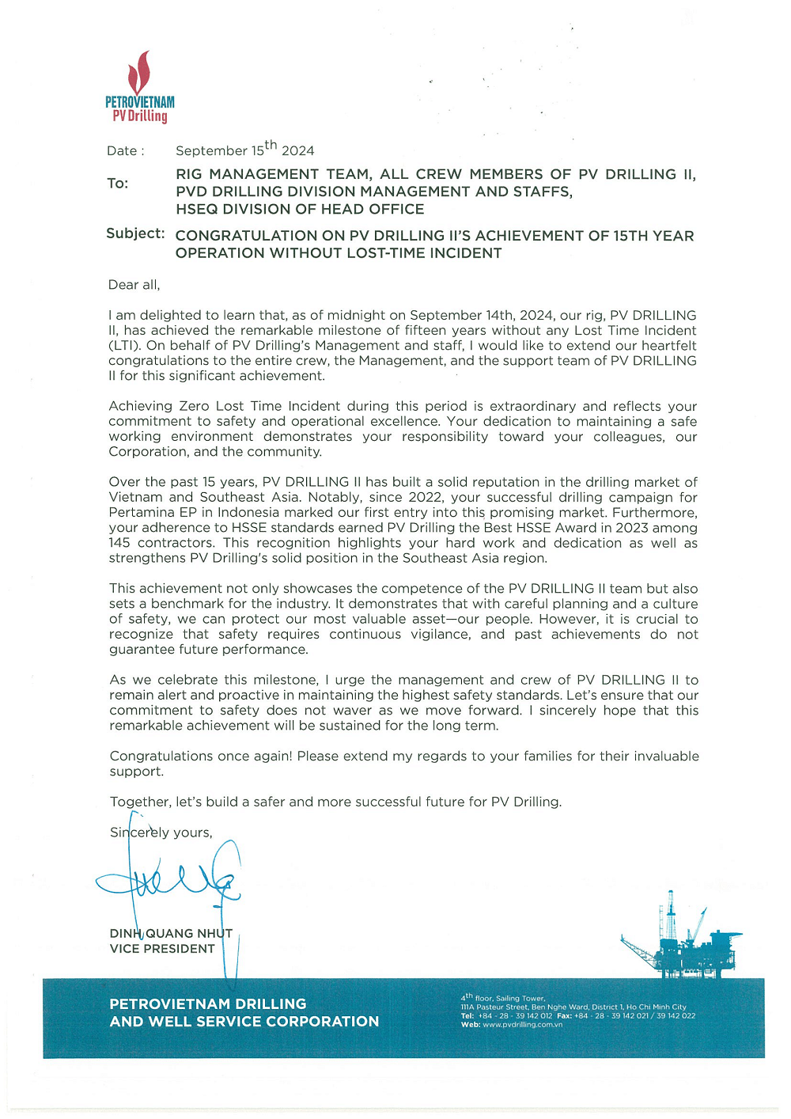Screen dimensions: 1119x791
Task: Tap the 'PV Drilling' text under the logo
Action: [x=140, y=116]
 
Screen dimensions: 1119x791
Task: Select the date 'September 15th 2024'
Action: [x=244, y=150]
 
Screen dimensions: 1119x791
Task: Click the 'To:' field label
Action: [x=117, y=184]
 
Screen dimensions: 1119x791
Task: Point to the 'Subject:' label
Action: [x=135, y=233]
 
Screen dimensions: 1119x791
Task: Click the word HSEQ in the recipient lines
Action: [x=199, y=209]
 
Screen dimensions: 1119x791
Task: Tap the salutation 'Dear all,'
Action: [x=134, y=285]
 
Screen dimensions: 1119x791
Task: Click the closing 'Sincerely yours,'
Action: [x=161, y=833]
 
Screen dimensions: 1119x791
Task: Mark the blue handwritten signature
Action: [x=170, y=882]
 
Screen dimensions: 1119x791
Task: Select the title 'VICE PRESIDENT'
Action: [x=162, y=949]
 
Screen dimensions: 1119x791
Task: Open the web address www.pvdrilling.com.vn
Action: [x=522, y=1024]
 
